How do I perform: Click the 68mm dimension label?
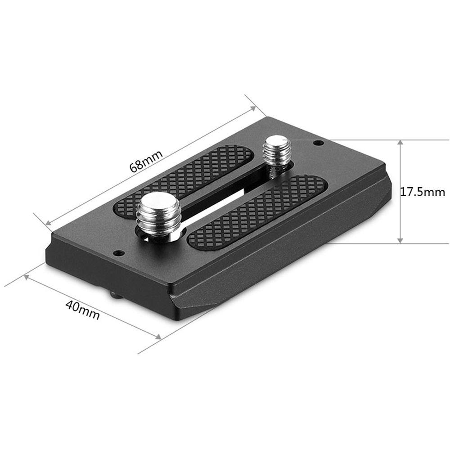[145, 161]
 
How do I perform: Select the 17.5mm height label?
[423, 192]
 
